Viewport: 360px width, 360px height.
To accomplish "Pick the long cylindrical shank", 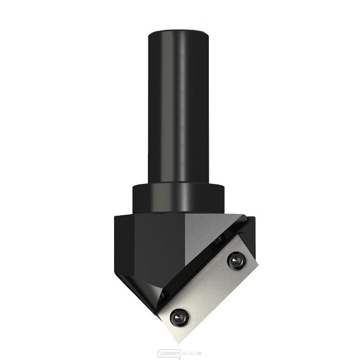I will pyautogui.click(x=179, y=108).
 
